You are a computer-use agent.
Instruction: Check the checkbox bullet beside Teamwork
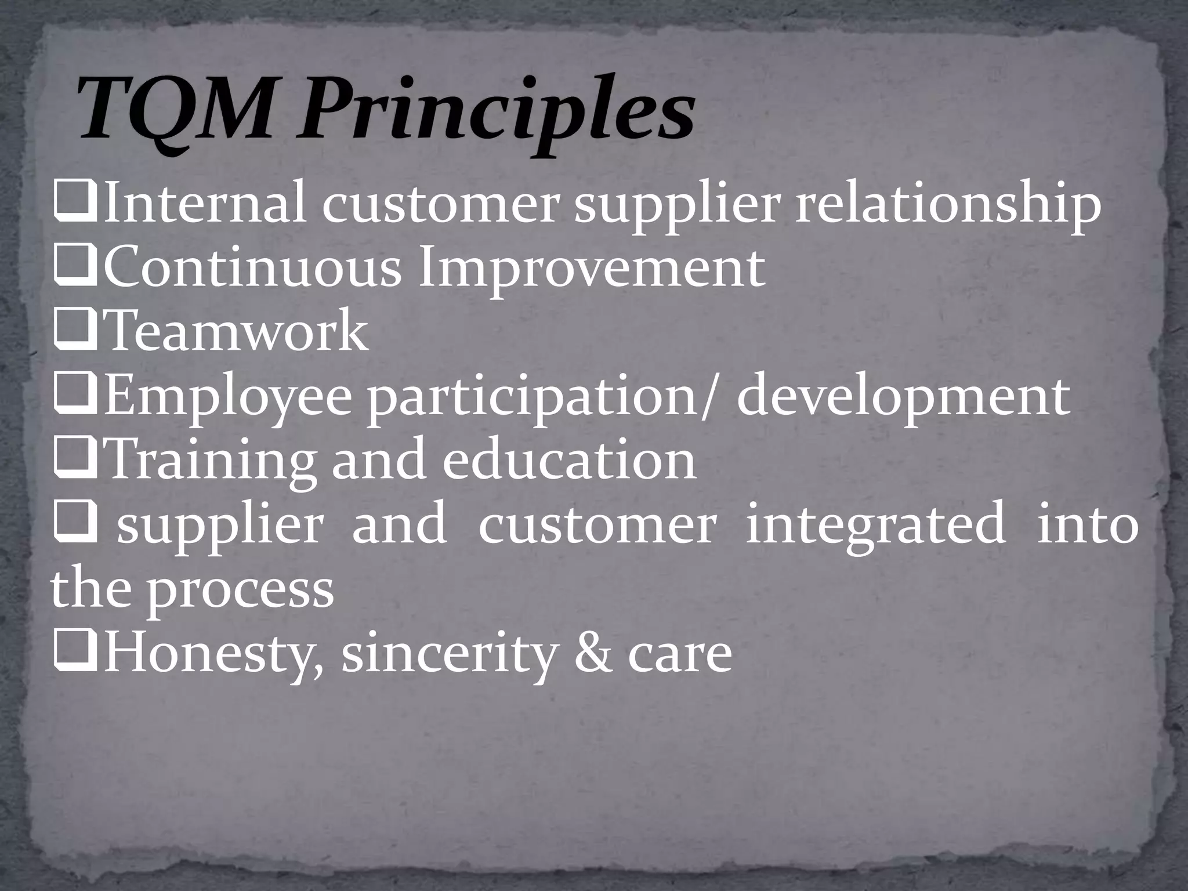pos(74,334)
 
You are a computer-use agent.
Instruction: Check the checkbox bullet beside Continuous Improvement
pos(74,270)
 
